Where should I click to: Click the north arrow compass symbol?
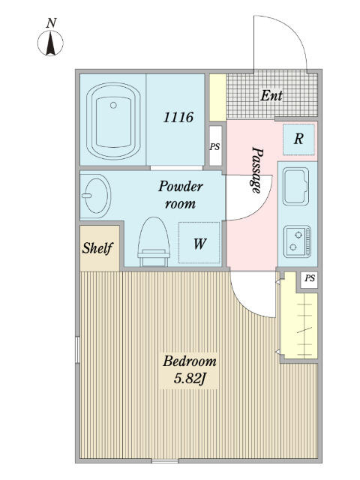50,43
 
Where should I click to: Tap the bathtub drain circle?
113,105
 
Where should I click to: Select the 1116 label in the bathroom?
178,117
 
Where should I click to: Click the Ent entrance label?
271,96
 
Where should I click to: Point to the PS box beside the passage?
215,146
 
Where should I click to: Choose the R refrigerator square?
298,139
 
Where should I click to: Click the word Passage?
256,170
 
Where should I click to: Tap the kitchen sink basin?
295,186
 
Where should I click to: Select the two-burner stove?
297,241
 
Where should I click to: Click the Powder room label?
180,195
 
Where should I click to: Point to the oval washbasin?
96,196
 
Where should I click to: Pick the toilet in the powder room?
154,241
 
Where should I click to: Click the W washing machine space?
199,243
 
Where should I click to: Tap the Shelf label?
97,248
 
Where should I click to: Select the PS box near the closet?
309,280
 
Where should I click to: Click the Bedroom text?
190,361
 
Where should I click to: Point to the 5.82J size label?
190,379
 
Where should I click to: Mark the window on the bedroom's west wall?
77,350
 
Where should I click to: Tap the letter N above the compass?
52,23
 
